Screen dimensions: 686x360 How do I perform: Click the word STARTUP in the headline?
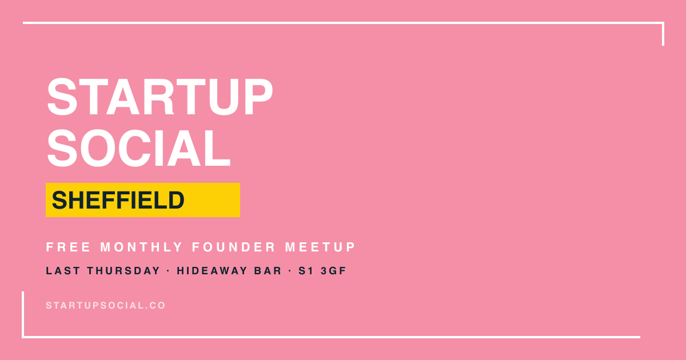tap(159, 97)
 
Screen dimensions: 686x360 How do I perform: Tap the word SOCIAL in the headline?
tap(138, 148)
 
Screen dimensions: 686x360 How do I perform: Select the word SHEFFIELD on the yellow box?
tap(118, 200)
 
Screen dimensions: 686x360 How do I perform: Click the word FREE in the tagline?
tap(68, 247)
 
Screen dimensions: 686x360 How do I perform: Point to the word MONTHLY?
tap(142, 247)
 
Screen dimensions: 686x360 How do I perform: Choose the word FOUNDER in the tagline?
tap(234, 247)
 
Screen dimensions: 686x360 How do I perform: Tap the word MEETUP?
tap(320, 247)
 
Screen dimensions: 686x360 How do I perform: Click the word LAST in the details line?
tap(63, 271)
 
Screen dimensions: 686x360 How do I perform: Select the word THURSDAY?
tap(123, 271)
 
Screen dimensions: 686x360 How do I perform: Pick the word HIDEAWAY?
tap(212, 271)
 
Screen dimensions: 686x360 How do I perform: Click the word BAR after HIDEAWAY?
tap(268, 271)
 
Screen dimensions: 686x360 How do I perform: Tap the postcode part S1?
tap(306, 271)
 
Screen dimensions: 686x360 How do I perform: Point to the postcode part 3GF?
tap(333, 271)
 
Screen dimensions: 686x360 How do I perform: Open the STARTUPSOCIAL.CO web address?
tap(106, 305)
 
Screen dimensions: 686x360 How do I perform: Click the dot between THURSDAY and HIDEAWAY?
tap(169, 271)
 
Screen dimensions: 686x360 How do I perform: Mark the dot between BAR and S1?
tap(290, 271)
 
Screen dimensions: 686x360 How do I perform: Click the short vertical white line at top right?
tap(663, 34)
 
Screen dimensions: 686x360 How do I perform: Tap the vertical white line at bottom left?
tap(23, 314)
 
